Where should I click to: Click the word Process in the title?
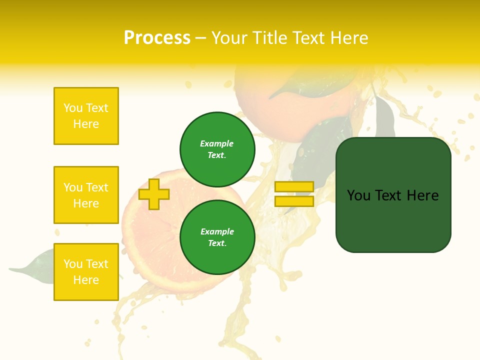click(x=157, y=38)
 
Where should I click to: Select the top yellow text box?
click(x=86, y=116)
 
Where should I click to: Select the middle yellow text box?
click(x=86, y=195)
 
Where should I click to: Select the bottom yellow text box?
click(x=86, y=272)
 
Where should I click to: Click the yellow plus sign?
click(x=153, y=194)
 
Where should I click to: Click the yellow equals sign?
click(x=294, y=194)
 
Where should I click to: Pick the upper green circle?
click(x=217, y=149)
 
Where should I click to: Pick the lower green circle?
click(x=217, y=237)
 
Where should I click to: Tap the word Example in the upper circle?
click(x=217, y=143)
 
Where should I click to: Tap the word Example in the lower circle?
click(x=217, y=231)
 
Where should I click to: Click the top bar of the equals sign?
click(x=294, y=186)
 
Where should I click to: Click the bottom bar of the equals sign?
click(x=294, y=201)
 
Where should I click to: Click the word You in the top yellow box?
click(x=73, y=108)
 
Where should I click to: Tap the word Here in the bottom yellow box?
click(x=86, y=280)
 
